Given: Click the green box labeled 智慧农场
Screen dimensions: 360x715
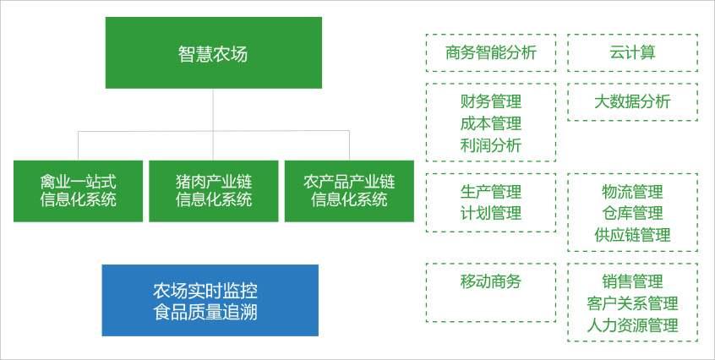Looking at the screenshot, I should (x=213, y=53).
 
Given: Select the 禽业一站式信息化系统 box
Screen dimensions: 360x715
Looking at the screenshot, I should (x=78, y=191).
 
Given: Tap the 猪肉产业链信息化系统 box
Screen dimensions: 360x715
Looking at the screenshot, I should (x=213, y=191).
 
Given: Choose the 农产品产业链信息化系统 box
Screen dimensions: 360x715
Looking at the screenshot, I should (x=349, y=191).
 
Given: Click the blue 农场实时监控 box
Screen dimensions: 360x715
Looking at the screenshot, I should (x=210, y=290).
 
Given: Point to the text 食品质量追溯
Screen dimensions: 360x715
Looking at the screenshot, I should (x=210, y=313).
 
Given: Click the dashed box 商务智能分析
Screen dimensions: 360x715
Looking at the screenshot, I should (x=491, y=53).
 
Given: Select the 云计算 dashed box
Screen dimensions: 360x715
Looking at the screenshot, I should (x=632, y=53).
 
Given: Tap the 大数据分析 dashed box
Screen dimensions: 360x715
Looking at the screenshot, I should (x=632, y=101).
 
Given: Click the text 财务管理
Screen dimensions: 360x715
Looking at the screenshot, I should (x=491, y=101).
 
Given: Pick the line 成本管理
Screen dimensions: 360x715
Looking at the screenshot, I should (x=491, y=123).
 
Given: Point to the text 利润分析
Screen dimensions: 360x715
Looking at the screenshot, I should (x=491, y=145).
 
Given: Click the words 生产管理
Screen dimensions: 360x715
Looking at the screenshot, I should (x=491, y=192).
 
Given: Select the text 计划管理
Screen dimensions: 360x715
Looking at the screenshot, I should (x=491, y=213).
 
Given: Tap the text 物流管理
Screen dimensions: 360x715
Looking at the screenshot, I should (x=632, y=192).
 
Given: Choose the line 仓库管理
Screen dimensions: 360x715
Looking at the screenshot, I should (x=632, y=213).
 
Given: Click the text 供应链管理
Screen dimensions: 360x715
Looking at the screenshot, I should (x=632, y=235).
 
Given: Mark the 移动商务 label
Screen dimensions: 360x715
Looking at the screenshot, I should (x=491, y=281).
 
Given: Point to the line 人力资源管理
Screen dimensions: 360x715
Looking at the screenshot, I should (x=632, y=325).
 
